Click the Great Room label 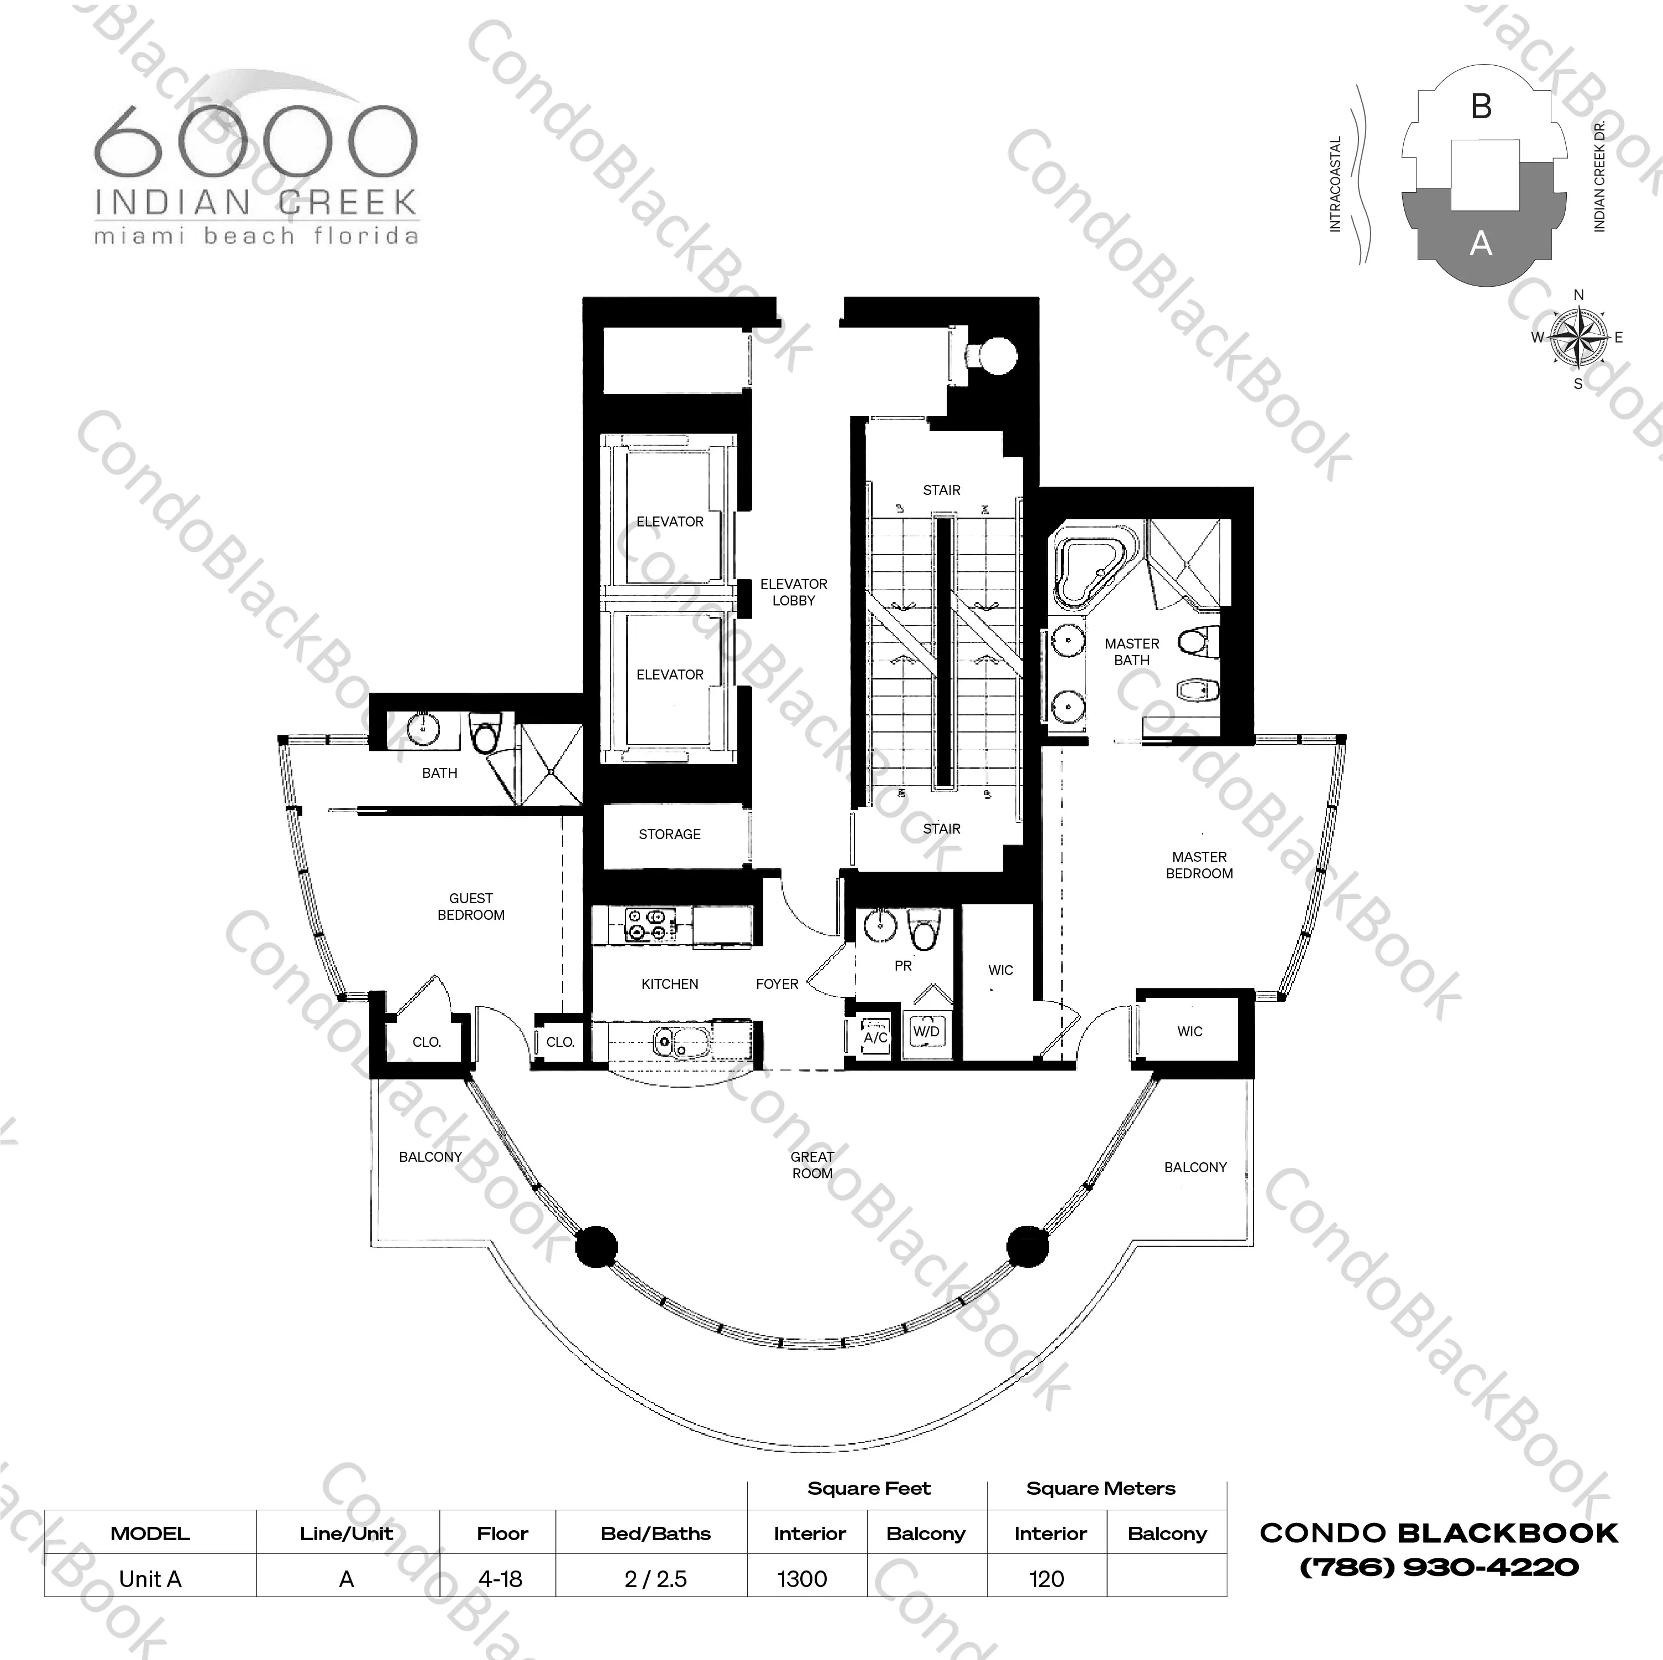(x=812, y=1165)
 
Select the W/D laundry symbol (x=926, y=1031)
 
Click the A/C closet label (x=875, y=1036)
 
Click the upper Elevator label (x=670, y=521)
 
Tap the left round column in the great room (x=596, y=1246)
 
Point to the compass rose (x=1578, y=338)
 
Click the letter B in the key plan (x=1481, y=107)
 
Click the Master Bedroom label (x=1199, y=865)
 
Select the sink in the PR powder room (x=880, y=928)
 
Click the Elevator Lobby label (x=793, y=592)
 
